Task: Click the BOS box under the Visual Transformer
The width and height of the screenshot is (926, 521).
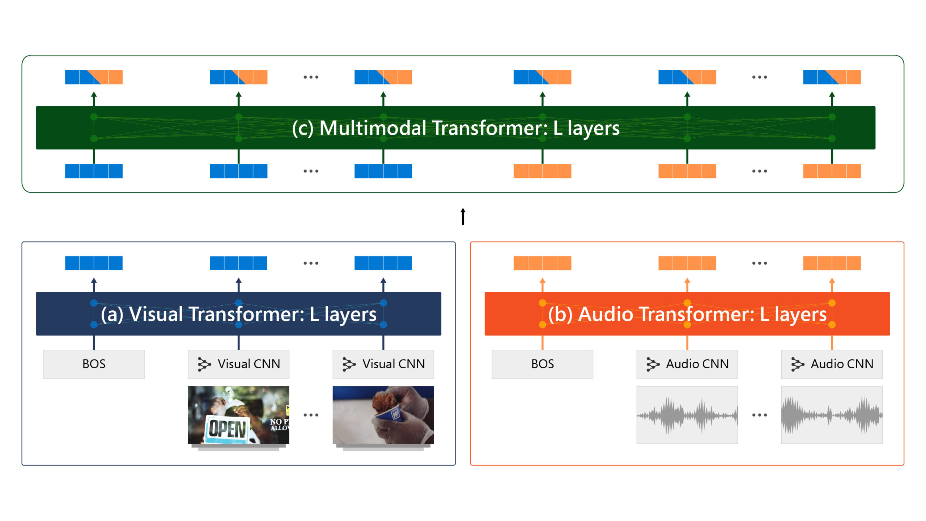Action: click(94, 364)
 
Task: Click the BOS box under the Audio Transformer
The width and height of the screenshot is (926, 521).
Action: click(542, 364)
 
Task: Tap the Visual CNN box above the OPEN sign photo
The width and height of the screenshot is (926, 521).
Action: click(238, 364)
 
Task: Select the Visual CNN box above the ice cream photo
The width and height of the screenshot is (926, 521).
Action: click(383, 364)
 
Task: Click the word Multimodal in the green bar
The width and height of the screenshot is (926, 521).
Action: click(373, 128)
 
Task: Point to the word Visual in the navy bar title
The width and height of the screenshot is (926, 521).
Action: click(156, 314)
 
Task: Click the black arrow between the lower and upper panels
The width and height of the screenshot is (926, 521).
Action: click(463, 216)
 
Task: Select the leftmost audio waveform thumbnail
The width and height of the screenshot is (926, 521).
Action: click(687, 415)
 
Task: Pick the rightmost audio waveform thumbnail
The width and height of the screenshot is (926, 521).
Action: click(832, 415)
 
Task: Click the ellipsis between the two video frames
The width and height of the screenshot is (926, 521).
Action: click(311, 415)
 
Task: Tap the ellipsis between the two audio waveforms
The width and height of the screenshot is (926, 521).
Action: click(759, 415)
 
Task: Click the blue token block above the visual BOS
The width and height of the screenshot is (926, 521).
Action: click(94, 263)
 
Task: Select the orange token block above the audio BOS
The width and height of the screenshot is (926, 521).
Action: click(542, 263)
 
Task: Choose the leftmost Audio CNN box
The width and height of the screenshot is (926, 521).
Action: click(687, 364)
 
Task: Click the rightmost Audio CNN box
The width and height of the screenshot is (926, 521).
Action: click(832, 364)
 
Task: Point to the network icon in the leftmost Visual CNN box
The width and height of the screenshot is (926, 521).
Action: click(204, 364)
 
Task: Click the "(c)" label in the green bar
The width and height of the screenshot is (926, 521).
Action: click(303, 128)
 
